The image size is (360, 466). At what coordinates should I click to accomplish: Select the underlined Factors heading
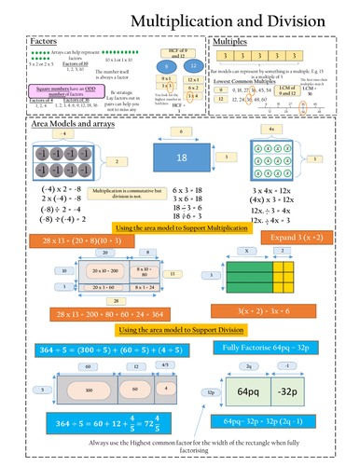point(45,42)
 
